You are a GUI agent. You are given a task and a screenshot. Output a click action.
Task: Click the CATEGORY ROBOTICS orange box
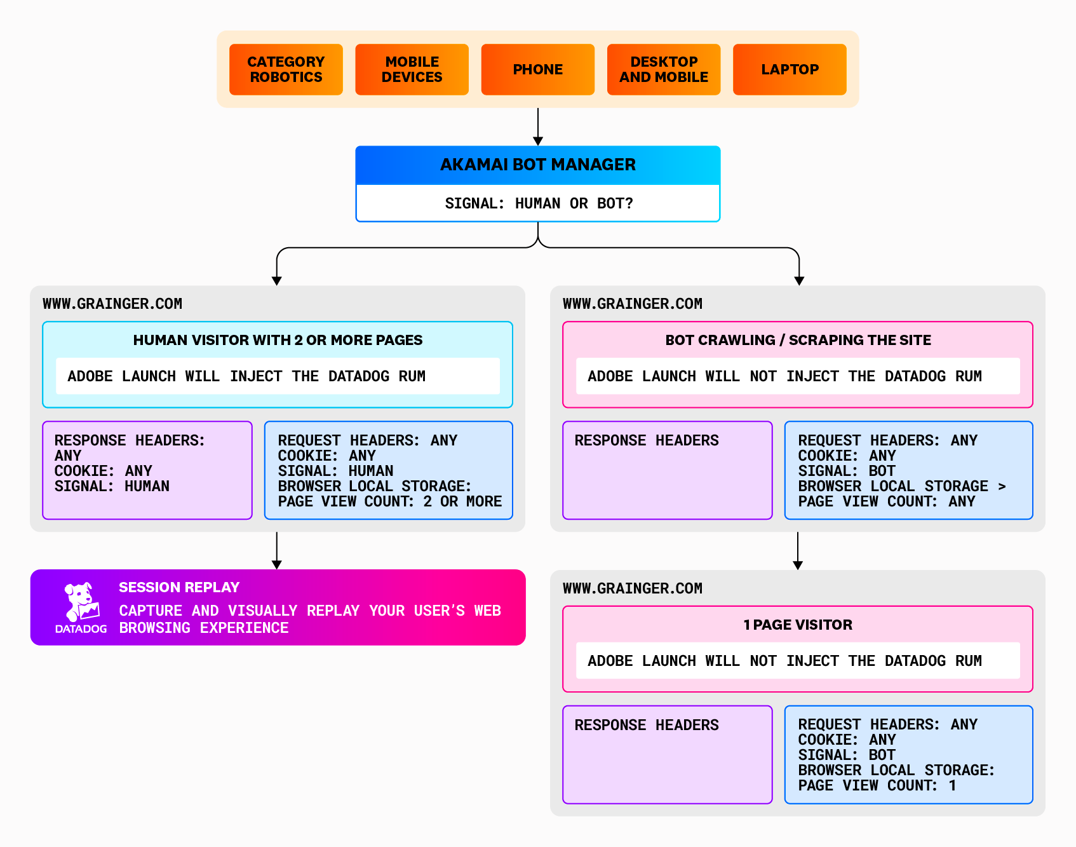(x=286, y=69)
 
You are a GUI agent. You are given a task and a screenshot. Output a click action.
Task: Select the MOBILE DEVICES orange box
(x=412, y=69)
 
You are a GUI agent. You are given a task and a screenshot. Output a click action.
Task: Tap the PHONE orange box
(x=537, y=69)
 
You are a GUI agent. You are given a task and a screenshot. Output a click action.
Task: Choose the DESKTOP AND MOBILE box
(x=664, y=69)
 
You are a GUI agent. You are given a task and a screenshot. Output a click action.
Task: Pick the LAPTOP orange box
(x=790, y=69)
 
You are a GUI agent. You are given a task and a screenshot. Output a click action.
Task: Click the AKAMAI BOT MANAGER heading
(x=537, y=165)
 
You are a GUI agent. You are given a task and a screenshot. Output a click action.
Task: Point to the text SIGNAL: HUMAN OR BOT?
(x=539, y=203)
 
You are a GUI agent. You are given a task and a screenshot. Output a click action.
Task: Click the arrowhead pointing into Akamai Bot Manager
(x=538, y=140)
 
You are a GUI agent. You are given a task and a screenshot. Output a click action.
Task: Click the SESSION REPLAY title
(x=179, y=587)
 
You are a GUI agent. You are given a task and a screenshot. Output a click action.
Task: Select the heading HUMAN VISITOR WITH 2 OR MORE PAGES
(x=278, y=340)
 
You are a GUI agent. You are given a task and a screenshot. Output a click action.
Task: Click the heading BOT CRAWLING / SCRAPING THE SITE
(x=798, y=340)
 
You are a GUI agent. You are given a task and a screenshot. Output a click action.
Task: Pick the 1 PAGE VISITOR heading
(x=798, y=625)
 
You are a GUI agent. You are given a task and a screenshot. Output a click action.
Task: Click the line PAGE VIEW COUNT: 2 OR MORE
(x=389, y=501)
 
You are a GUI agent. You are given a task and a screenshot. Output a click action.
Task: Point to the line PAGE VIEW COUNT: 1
(x=877, y=785)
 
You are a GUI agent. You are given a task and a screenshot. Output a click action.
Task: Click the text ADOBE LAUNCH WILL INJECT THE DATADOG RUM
(x=246, y=376)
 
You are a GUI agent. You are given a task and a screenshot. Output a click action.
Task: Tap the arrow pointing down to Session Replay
(x=277, y=563)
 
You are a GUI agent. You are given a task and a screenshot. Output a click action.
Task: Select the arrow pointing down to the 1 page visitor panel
(x=798, y=564)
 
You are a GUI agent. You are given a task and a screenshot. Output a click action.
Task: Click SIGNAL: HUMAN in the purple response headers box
(x=112, y=486)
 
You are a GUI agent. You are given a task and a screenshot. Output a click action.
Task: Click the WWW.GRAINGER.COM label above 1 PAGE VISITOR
(x=632, y=588)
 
